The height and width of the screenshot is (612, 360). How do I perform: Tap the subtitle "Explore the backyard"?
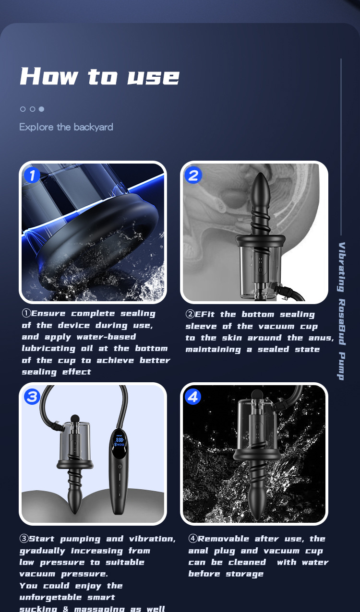click(x=66, y=127)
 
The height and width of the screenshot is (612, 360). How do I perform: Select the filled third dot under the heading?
click(x=41, y=109)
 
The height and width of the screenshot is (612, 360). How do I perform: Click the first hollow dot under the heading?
click(x=23, y=109)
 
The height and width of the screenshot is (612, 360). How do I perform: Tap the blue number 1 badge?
click(x=32, y=176)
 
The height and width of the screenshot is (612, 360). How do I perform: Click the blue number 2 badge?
click(x=193, y=176)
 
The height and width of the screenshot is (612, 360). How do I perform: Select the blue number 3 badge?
click(x=32, y=397)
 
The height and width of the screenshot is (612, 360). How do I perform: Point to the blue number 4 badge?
click(x=193, y=397)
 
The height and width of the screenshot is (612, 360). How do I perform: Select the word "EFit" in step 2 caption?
click(x=206, y=315)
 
